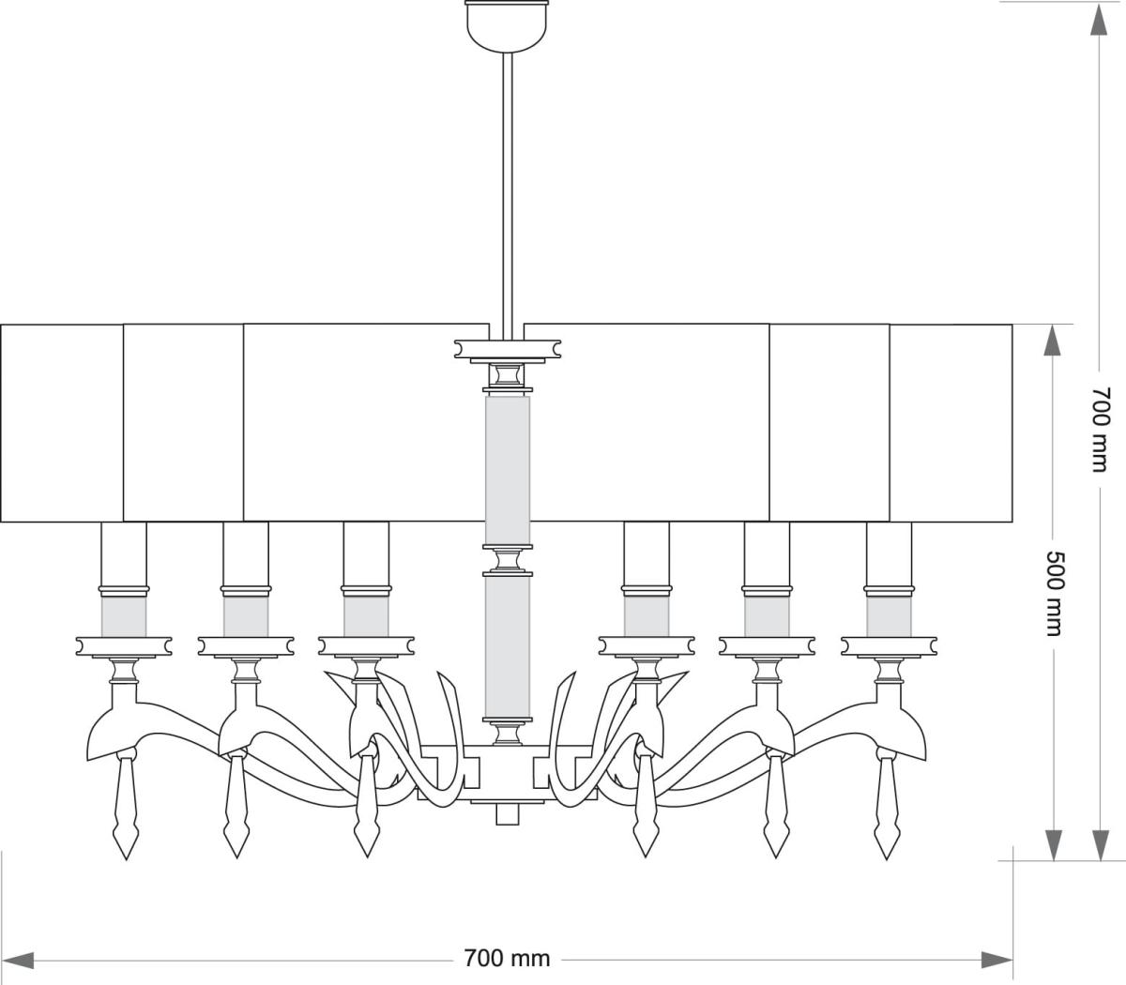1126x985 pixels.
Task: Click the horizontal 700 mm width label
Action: [507, 959]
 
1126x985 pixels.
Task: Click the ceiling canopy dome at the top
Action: [507, 23]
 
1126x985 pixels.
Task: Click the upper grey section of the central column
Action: [507, 469]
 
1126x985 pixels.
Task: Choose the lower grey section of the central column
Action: [507, 647]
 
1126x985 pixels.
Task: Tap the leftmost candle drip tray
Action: [124, 646]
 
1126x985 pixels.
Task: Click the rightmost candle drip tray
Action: [889, 646]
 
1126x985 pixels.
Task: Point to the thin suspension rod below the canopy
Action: [508, 188]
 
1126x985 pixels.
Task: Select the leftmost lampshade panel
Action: [62, 422]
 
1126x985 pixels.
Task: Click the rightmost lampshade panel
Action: [951, 422]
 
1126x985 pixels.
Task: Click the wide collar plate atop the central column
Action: [507, 348]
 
